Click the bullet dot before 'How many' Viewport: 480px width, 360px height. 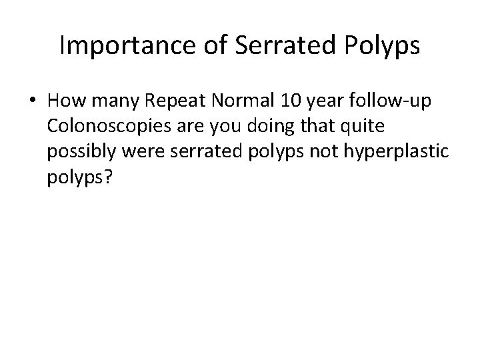33,102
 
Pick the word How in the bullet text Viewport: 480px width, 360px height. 63,102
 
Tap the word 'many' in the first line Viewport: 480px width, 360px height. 106,103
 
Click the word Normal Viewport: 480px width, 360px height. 230,102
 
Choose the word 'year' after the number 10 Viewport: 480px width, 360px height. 319,103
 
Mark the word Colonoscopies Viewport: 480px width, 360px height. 105,127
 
